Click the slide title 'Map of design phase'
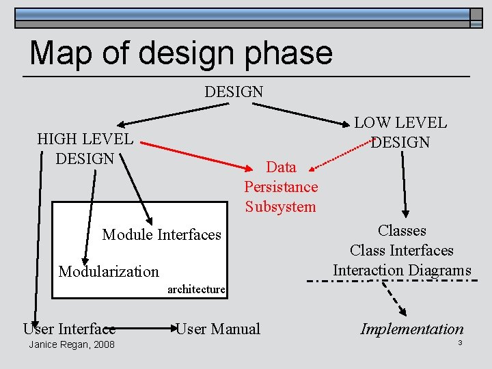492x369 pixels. coord(181,53)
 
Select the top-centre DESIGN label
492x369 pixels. coord(234,91)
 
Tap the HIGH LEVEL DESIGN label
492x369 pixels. coord(85,149)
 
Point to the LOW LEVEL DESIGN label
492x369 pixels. coord(400,133)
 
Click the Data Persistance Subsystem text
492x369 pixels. coord(281,187)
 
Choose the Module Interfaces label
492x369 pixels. coord(162,234)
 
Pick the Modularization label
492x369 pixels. coord(109,271)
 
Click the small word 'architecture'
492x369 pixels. coord(196,289)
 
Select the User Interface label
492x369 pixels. coord(69,329)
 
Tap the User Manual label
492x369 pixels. coord(218,329)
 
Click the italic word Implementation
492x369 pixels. coord(412,329)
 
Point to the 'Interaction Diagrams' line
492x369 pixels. coord(402,270)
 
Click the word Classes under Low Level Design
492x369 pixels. coord(402,230)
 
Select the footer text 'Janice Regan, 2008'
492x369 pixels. coord(72,344)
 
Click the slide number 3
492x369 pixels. coord(461,342)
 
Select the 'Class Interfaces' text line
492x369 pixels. coord(402,250)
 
